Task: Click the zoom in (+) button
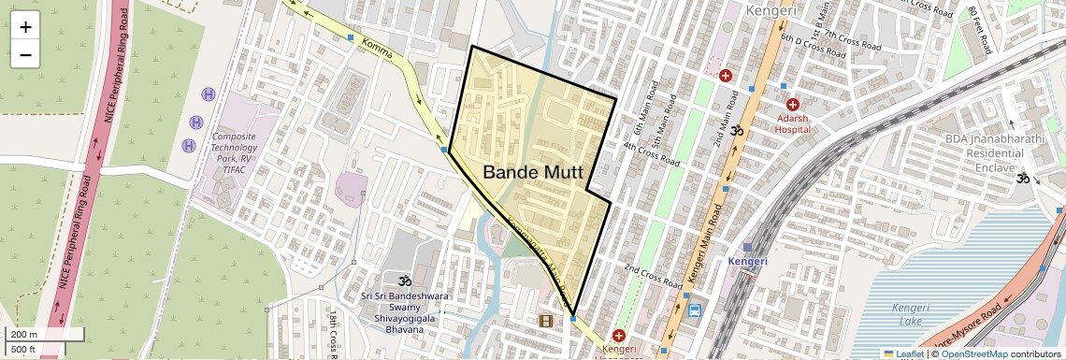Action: point(25,27)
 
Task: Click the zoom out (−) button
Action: point(25,54)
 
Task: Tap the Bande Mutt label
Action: point(533,173)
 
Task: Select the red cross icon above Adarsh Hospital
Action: point(793,105)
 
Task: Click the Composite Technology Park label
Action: point(233,154)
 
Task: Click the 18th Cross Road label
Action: point(333,335)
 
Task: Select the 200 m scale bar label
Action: point(24,335)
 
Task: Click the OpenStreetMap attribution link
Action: point(973,353)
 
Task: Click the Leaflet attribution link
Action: point(903,353)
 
